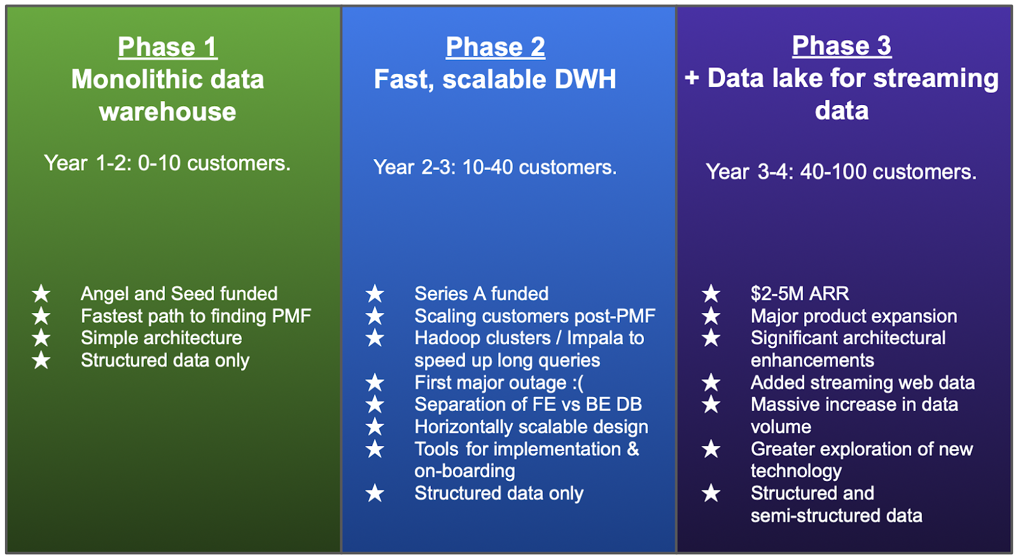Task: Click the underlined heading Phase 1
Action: (x=168, y=47)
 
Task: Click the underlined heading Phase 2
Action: (x=496, y=47)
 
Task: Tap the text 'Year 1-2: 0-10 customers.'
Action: (x=167, y=163)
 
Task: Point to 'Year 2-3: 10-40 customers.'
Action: (x=495, y=167)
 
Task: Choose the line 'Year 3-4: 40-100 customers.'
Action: (x=841, y=172)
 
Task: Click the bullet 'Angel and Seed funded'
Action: (x=179, y=293)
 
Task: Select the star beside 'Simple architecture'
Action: (x=41, y=338)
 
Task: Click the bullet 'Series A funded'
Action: (x=481, y=293)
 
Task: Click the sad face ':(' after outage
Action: (x=578, y=382)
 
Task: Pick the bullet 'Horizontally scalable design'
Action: (x=531, y=427)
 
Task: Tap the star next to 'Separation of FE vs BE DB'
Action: (x=375, y=405)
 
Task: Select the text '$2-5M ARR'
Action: (x=800, y=293)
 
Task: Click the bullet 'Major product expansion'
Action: (x=854, y=316)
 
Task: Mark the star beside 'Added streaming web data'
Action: (x=711, y=382)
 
